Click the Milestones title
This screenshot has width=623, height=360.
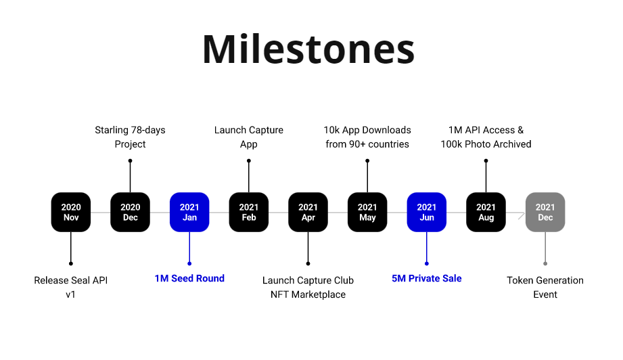click(x=308, y=49)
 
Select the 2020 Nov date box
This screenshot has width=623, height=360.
click(x=71, y=212)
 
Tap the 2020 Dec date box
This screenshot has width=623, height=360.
click(x=131, y=212)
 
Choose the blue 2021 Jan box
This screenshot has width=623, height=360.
click(x=189, y=212)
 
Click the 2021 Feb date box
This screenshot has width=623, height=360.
click(x=249, y=212)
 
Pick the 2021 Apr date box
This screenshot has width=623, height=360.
click(x=308, y=212)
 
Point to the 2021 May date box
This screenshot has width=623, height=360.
click(x=367, y=212)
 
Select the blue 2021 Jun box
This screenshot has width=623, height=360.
click(x=427, y=212)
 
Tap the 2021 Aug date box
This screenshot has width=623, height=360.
click(x=486, y=212)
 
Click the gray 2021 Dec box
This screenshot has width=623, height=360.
click(x=545, y=212)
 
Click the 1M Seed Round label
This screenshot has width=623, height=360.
click(x=189, y=279)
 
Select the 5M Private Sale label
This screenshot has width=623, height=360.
click(x=427, y=279)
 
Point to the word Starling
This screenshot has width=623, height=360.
click(x=112, y=131)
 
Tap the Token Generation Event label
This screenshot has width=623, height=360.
click(x=545, y=288)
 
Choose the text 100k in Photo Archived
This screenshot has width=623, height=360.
click(x=451, y=144)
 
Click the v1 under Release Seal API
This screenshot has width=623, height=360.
click(x=71, y=295)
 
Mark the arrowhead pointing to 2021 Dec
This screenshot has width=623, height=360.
click(x=522, y=216)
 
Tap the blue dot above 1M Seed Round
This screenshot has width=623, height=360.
click(x=189, y=263)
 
